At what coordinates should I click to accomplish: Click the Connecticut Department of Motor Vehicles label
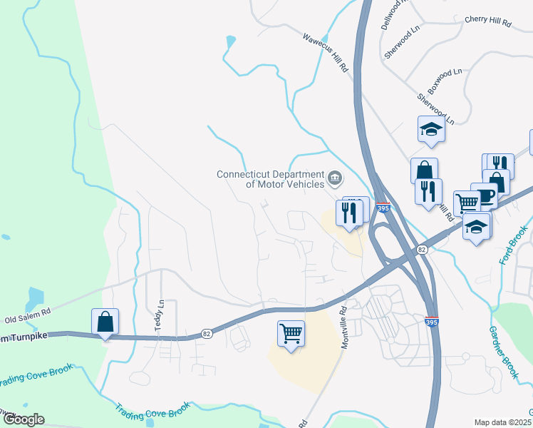coord(271,178)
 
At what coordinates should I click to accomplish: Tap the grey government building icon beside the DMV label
coord(335,177)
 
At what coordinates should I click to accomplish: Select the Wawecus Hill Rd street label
coord(325,53)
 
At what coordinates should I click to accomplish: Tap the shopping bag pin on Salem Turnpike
coord(105,322)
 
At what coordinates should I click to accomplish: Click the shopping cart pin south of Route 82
coord(291,333)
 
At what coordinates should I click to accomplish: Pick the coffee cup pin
coord(485,195)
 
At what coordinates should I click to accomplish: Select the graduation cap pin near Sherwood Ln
coord(431,129)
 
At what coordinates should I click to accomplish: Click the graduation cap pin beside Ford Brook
coord(477,228)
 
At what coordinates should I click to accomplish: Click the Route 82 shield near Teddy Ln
coord(207,333)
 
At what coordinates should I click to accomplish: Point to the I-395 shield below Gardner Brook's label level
coord(431,322)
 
